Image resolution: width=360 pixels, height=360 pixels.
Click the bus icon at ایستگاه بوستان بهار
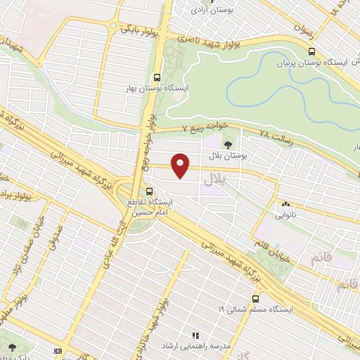click(156, 79)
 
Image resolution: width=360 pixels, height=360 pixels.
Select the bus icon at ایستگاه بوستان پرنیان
click(311, 51)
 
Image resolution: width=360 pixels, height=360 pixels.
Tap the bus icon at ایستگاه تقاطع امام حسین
click(149, 191)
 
